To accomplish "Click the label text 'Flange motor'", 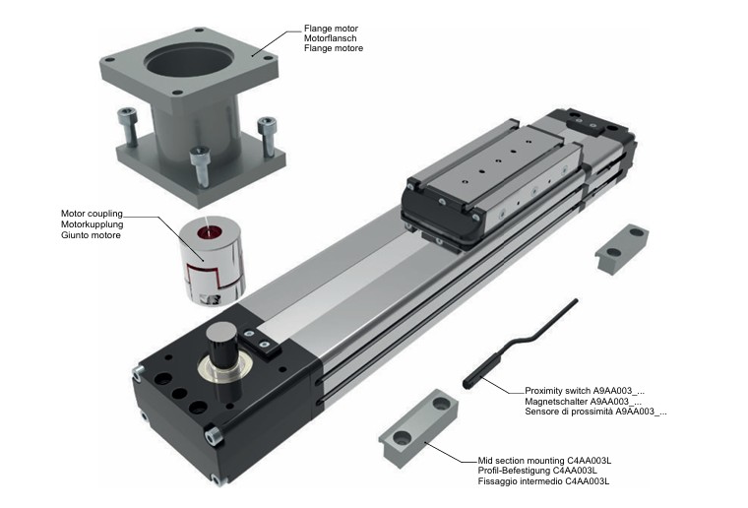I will point(330,28).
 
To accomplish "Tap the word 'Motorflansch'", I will point(331,37).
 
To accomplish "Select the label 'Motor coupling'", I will point(92,213).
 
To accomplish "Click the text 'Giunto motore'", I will point(92,234).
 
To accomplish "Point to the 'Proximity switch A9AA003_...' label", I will point(584,390).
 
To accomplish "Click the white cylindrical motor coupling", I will point(207,259).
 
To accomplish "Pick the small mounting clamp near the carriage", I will point(622,245).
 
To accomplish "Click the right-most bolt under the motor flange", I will point(267,136).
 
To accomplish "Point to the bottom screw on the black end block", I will point(216,479).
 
